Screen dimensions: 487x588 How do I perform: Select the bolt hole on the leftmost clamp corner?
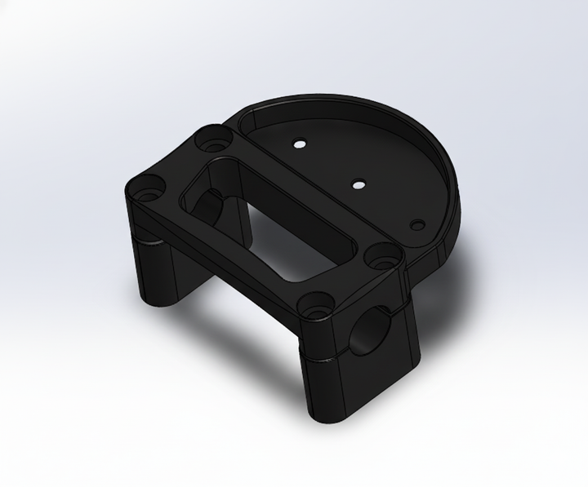pos(150,186)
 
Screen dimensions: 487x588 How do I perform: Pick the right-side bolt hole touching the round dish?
pos(381,255)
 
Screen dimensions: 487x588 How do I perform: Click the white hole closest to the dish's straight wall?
pos(300,144)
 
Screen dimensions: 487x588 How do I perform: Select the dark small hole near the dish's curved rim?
pos(417,223)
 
